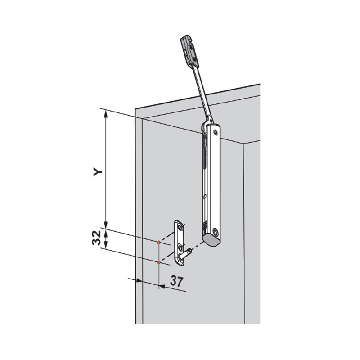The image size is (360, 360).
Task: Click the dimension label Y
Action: [x=98, y=172]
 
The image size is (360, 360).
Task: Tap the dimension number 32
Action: [x=96, y=238]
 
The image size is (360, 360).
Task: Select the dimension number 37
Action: [x=177, y=282]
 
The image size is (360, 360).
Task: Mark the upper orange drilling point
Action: [x=159, y=242]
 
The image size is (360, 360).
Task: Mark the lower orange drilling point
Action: [x=159, y=262]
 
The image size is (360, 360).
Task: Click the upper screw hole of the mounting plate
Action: [x=180, y=228]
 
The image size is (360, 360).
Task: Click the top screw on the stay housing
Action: [x=215, y=132]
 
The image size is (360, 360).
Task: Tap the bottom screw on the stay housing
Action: [x=215, y=232]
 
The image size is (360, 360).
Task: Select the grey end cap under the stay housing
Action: [x=211, y=241]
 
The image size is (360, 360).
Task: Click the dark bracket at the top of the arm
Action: [x=189, y=51]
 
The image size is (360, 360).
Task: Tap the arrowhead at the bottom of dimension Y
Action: [x=106, y=225]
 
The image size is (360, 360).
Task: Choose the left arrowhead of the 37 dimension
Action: [x=139, y=280]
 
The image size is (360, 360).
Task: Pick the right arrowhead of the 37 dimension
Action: [x=162, y=286]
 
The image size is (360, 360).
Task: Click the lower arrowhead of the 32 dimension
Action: [x=106, y=246]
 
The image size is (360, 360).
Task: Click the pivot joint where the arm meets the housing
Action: [x=210, y=119]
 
